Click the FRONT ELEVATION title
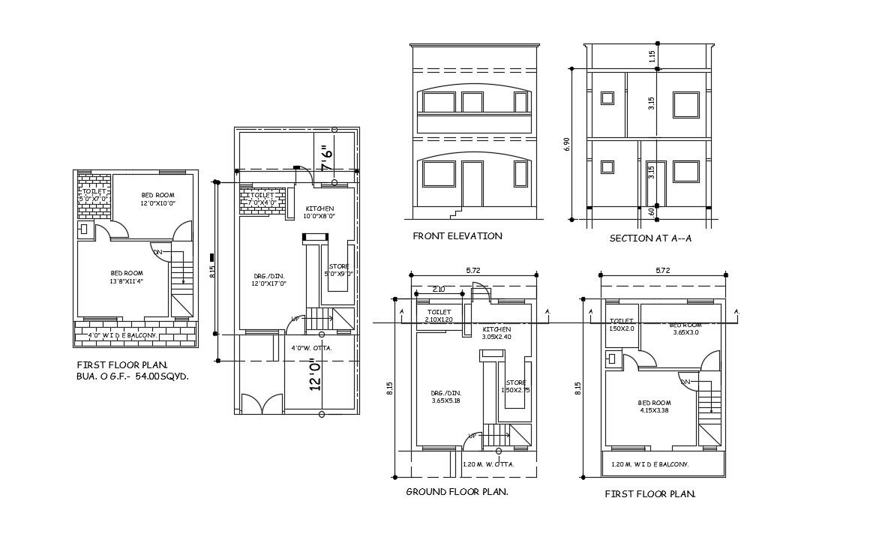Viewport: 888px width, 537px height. coord(457,236)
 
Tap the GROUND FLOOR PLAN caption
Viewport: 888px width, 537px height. coord(457,492)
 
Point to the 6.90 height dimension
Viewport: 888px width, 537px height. coord(566,145)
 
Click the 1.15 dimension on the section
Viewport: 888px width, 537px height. coord(652,56)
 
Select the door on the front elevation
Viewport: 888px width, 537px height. coord(472,183)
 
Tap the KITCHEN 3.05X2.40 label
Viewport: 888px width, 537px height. coord(496,333)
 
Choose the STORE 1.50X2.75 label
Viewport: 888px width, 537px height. coord(515,386)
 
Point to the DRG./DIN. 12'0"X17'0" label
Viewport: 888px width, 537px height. coord(268,280)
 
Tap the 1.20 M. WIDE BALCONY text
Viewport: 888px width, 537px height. coord(649,465)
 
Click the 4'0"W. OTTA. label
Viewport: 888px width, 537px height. coord(311,348)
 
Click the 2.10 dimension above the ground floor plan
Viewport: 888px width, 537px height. coord(438,289)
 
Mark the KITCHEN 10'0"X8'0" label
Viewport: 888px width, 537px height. coord(319,212)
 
